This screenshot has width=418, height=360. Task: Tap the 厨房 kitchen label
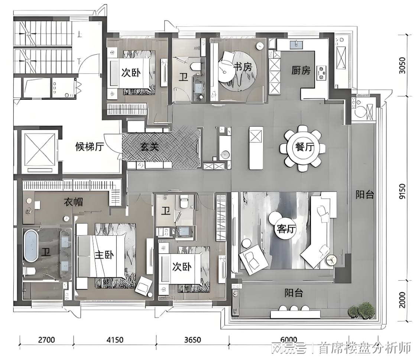(x=301, y=70)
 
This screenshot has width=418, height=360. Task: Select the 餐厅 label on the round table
(x=305, y=147)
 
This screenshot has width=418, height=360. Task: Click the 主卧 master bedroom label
(x=104, y=255)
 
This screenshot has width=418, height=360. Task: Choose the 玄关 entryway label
(x=150, y=146)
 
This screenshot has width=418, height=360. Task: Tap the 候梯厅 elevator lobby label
(x=90, y=147)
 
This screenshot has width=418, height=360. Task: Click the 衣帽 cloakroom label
(x=73, y=202)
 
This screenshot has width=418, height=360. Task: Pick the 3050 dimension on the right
(x=402, y=66)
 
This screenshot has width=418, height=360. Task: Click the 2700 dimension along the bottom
(x=46, y=340)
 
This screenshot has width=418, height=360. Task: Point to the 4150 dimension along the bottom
(x=115, y=340)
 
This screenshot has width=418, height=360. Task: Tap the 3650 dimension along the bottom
(x=192, y=340)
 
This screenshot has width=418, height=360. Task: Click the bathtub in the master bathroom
(x=31, y=245)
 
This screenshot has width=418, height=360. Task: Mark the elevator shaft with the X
(x=39, y=150)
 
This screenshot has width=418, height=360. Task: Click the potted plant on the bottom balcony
(x=362, y=310)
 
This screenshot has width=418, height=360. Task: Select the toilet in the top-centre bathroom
(x=196, y=66)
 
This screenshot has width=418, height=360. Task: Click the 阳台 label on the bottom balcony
(x=294, y=293)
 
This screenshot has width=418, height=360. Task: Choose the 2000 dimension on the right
(x=402, y=300)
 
